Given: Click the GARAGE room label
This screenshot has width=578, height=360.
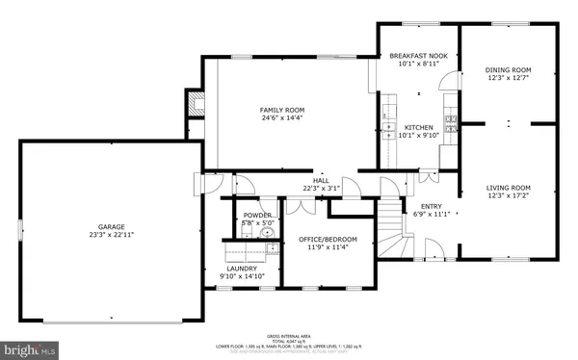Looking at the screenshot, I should point(110,227).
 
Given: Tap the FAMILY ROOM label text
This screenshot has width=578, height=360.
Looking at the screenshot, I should point(282,111).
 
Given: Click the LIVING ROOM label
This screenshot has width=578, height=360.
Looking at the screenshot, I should point(508,188).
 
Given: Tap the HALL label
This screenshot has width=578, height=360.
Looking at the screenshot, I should point(322,180).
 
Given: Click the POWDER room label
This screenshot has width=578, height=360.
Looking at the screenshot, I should point(256,215).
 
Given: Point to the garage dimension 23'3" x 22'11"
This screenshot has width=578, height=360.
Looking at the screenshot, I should point(110,235).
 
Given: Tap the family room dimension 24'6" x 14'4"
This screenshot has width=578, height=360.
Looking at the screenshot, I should point(282,119).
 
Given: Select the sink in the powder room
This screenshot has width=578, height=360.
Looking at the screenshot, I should point(269,230).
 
